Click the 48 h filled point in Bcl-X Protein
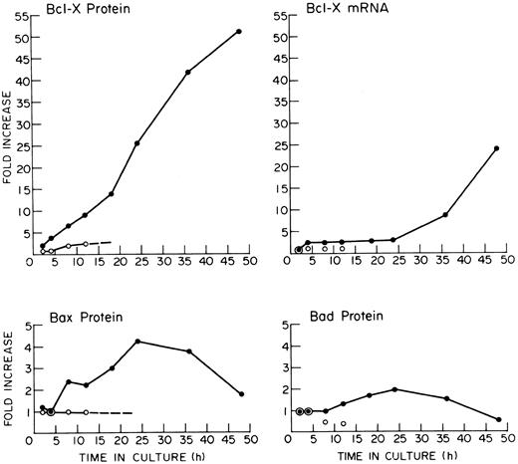tap(239, 31)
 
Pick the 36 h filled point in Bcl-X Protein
tap(188, 72)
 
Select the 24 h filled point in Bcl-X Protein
tap(136, 143)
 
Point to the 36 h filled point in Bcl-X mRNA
tap(445, 214)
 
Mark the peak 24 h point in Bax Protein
tap(137, 342)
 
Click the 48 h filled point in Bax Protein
tap(240, 394)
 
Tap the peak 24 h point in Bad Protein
tap(394, 389)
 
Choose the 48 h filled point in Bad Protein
tap(497, 419)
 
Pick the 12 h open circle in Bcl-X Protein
tap(86, 244)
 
